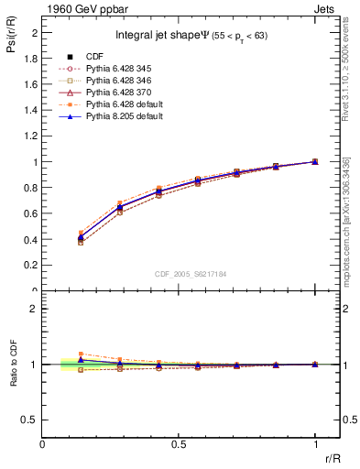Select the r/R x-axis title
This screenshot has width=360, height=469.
(x=332, y=457)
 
